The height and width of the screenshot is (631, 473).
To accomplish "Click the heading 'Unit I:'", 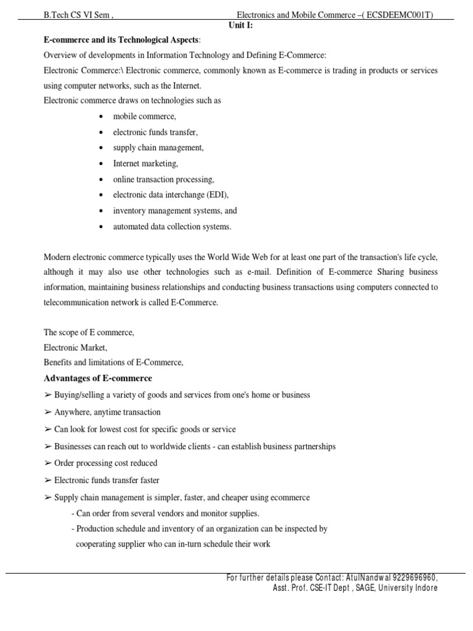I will tap(241, 25).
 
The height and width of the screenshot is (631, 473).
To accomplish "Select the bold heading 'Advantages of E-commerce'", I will tap(97, 378).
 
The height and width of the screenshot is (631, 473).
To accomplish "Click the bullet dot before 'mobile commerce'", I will tap(100, 116).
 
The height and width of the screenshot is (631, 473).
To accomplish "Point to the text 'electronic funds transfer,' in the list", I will tap(155, 132).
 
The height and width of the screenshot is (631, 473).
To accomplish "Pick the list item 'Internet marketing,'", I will tap(145, 163).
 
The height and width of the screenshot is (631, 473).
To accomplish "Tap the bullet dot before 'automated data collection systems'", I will tap(100, 227).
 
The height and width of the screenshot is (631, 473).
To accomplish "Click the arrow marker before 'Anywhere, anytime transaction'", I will tap(47, 412).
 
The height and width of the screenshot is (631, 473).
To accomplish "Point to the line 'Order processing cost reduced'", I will tap(105, 463).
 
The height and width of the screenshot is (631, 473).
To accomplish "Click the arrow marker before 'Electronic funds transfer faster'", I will tap(47, 480).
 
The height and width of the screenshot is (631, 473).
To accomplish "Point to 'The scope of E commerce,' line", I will tap(89, 332).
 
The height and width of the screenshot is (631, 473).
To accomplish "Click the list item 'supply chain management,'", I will tap(158, 148).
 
